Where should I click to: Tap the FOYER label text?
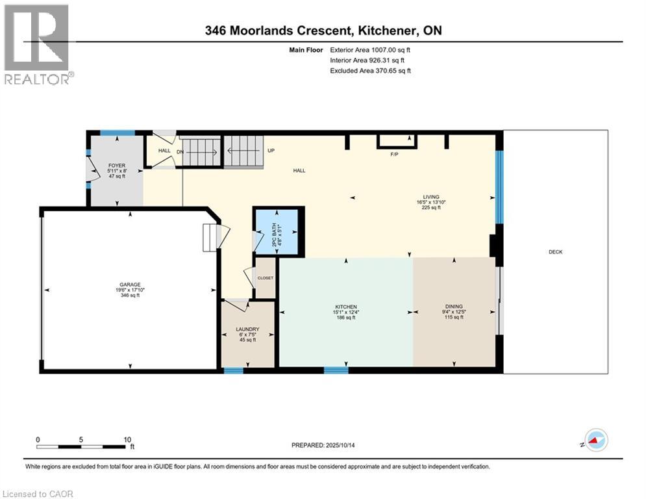116,166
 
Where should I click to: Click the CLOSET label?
266,278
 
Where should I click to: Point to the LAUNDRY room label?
247,329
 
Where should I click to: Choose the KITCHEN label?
346,307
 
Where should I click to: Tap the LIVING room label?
431,197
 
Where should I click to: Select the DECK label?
555,252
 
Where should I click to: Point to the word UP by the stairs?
271,151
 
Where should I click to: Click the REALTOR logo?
36,44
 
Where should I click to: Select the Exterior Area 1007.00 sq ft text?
371,49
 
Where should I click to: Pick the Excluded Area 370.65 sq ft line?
371,71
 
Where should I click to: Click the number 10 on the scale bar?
127,439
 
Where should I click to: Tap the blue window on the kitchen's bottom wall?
336,370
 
